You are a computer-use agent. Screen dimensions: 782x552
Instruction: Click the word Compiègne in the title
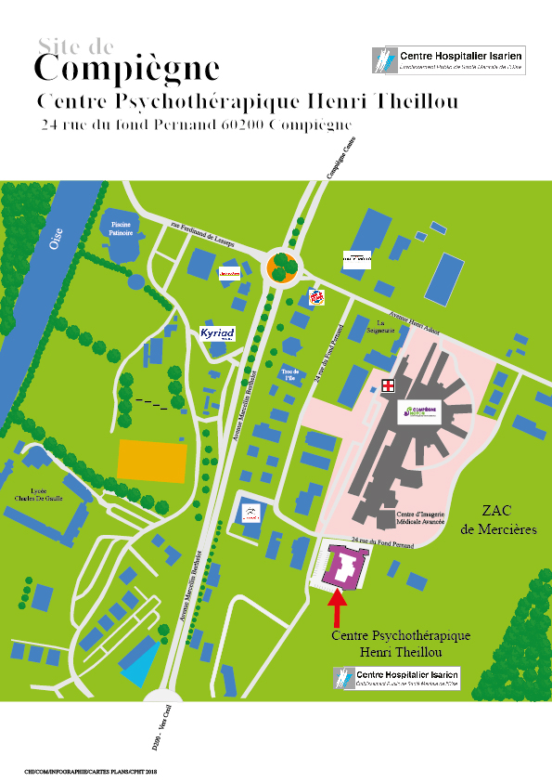126,69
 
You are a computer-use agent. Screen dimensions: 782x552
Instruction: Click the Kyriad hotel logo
217,333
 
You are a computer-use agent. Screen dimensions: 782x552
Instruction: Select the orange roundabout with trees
282,267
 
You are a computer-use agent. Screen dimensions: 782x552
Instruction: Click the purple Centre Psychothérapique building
343,567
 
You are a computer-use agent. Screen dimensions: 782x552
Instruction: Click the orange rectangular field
153,461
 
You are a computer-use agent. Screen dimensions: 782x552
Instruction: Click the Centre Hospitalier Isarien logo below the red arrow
396,677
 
